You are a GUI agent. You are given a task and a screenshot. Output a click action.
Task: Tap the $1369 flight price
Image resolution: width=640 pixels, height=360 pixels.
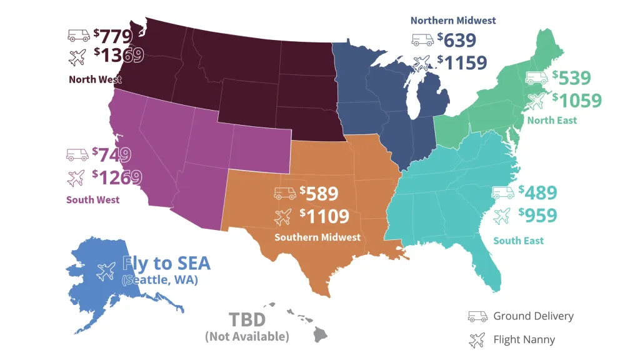pos(119,56)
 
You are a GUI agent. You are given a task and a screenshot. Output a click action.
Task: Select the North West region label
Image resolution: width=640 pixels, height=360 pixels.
pos(95,79)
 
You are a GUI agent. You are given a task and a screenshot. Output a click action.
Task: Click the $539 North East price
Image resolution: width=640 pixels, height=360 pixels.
pos(571,78)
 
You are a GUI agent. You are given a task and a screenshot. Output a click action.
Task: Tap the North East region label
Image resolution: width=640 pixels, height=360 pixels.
pos(552,120)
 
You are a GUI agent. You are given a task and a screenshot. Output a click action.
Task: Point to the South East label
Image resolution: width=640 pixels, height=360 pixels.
pos(518,241)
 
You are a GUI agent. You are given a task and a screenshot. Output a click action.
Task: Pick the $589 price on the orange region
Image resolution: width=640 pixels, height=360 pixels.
pos(319,193)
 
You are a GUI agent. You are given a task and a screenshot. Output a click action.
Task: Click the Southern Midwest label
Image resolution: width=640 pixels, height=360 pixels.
pos(317,237)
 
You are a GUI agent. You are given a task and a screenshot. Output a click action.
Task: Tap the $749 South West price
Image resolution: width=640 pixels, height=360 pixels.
pos(111,154)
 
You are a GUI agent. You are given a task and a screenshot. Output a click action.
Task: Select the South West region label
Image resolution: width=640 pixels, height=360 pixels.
pos(92,200)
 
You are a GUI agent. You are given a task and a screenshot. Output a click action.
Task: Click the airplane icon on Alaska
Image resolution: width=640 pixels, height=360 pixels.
pos(106,271)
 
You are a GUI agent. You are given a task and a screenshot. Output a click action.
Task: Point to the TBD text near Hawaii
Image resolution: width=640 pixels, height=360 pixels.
pos(247,320)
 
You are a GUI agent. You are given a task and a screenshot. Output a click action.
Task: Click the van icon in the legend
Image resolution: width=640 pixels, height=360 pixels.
pos(477,316)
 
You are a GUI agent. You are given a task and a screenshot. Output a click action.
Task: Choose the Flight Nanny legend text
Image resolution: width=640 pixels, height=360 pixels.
pos(524,340)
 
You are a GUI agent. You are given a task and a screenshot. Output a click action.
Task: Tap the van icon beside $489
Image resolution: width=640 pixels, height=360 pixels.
pos(502,192)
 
